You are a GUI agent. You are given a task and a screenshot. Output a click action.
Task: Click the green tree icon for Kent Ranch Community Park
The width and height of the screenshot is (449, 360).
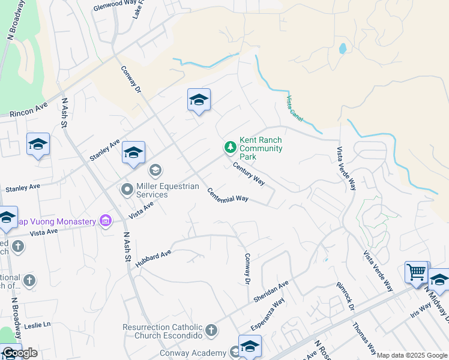(x=229, y=147)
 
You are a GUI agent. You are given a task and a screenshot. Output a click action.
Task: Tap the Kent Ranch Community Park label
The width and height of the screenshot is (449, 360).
(x=261, y=148)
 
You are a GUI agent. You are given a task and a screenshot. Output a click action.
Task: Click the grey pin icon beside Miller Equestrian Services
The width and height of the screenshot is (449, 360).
(x=127, y=190)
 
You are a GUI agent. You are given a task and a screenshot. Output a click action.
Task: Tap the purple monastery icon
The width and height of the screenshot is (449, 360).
(x=106, y=221)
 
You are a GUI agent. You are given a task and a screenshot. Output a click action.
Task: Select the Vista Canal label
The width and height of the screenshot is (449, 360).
(x=297, y=107)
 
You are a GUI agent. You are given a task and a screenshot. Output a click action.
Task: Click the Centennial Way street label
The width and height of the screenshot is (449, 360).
(x=228, y=195)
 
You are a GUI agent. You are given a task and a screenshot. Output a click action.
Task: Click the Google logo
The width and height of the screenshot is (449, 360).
(x=20, y=353)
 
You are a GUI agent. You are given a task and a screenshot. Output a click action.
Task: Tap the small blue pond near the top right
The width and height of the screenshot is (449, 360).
(x=342, y=49)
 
